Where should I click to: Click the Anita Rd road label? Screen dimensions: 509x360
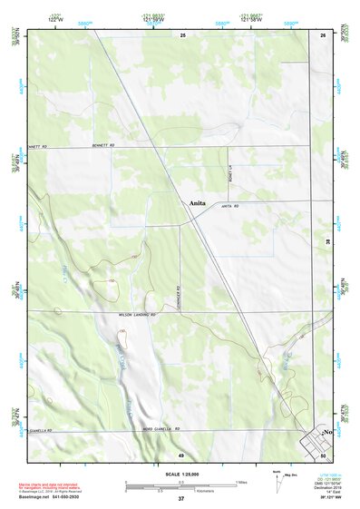[229, 208]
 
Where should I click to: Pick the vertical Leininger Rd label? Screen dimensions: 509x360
[181, 298]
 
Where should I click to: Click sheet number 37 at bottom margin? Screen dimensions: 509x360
[181, 499]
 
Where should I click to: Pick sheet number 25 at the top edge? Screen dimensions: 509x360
[181, 34]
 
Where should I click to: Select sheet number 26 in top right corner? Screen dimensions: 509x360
[323, 34]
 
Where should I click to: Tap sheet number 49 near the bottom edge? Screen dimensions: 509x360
[181, 455]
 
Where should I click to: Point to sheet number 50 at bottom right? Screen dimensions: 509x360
[323, 455]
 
